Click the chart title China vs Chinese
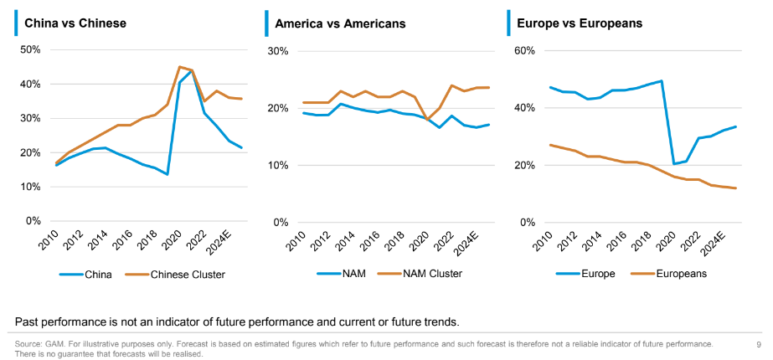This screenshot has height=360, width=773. pyautogui.click(x=75, y=23)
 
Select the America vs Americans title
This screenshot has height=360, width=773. pyautogui.click(x=340, y=23)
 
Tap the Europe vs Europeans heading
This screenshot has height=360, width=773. pyautogui.click(x=580, y=23)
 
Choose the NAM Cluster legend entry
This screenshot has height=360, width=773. pyautogui.click(x=431, y=273)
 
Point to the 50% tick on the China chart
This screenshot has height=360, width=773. pyautogui.click(x=30, y=49)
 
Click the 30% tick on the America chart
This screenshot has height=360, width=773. pyautogui.click(x=276, y=51)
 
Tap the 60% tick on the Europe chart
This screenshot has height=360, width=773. pyautogui.click(x=524, y=51)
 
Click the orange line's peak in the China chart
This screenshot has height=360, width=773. pyautogui.click(x=179, y=67)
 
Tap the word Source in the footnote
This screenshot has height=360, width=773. pyautogui.click(x=28, y=344)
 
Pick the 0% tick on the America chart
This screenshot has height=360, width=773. pyautogui.click(x=279, y=222)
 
